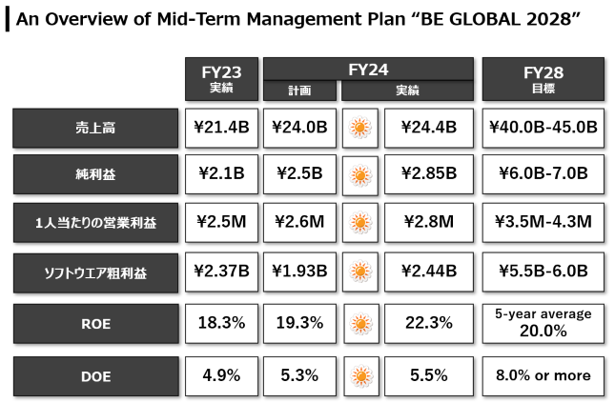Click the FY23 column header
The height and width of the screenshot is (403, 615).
pos(221,79)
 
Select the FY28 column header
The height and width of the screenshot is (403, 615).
pos(543,79)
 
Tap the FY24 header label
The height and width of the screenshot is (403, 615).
pos(368,70)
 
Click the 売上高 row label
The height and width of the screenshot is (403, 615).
pos(95,129)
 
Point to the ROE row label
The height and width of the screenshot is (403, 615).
pos(96,324)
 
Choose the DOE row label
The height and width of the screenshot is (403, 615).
pos(96,376)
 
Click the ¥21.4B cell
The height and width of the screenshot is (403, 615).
pos(221,129)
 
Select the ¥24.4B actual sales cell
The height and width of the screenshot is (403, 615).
pos(429,129)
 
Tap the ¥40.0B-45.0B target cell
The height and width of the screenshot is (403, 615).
pos(543,129)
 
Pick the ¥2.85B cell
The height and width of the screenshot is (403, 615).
pos(429,174)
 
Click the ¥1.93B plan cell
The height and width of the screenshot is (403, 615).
pos(299,272)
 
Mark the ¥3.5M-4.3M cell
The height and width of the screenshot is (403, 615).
pos(543,222)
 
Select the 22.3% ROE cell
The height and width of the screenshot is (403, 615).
pos(429,324)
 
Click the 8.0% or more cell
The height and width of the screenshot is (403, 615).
pos(543,376)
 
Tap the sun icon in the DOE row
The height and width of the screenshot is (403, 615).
pos(361,376)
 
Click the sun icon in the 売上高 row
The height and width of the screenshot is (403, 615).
pos(360,129)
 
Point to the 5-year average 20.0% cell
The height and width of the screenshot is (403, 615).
pos(543,324)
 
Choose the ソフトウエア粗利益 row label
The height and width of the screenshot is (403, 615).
pos(95,272)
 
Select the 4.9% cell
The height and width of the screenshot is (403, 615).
pos(221,376)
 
